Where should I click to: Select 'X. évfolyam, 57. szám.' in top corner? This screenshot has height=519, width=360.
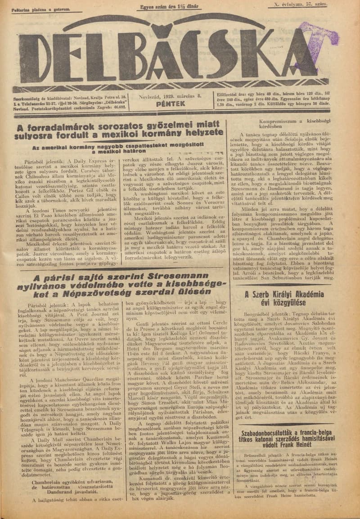tap(299, 4)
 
